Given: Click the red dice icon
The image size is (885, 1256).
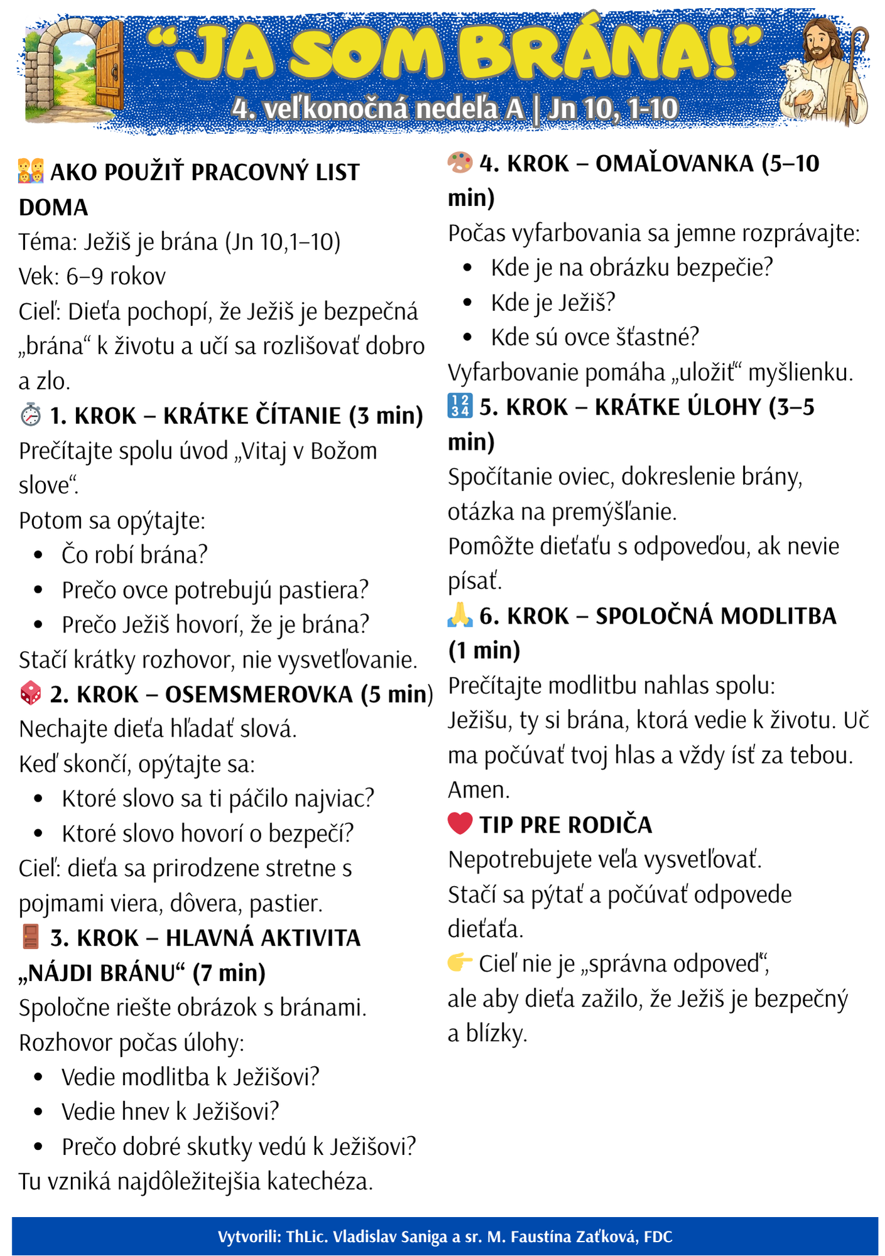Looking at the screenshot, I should tap(31, 693).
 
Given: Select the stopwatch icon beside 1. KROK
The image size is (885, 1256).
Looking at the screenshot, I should tap(31, 415).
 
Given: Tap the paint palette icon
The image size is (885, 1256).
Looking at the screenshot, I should tap(460, 163).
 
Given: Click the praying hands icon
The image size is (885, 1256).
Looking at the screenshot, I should tap(460, 615).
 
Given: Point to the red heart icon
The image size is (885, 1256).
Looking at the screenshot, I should tap(460, 823).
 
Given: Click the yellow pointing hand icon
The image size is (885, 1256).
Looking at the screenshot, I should tap(460, 962).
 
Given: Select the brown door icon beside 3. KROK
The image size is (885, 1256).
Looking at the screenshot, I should tap(31, 936).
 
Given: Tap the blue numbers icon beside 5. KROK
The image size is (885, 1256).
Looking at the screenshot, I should tap(460, 406).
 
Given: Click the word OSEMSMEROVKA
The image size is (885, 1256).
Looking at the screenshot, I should tap(259, 695).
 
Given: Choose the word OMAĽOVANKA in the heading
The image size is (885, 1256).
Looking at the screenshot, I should tap(674, 164).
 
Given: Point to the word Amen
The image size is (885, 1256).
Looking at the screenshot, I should tap(479, 789).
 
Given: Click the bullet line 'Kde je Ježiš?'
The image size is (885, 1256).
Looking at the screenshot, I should tap(553, 303).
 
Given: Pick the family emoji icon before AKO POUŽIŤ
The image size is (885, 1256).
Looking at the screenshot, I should tap(31, 171).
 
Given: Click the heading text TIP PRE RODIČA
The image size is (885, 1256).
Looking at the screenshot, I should tap(565, 825).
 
